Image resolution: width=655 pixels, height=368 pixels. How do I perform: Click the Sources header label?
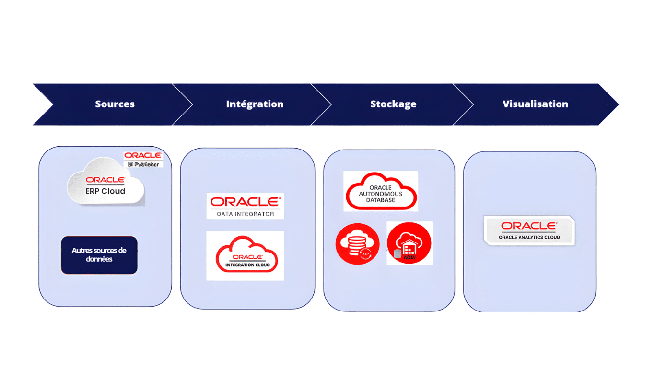pos(115,104)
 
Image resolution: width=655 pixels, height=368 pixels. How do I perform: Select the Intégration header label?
pos(255,104)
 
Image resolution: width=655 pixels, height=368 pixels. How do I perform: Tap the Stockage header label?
pos(393,104)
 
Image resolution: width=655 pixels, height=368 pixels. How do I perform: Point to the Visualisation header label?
pos(535,104)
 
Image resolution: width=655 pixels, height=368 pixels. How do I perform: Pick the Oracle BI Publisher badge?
pos(143,160)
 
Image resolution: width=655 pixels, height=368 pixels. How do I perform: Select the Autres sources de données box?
pos(99,255)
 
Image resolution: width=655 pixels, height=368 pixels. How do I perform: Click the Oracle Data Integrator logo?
pos(245,206)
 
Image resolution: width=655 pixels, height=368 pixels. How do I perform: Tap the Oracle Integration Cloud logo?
pos(245,255)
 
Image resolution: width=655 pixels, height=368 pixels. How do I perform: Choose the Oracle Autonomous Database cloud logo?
pos(381,191)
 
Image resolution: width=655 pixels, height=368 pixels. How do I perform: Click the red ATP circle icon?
pos(358,244)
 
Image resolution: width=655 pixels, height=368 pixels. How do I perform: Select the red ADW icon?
pos(409,243)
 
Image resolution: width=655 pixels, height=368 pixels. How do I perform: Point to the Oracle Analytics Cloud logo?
pos(529,230)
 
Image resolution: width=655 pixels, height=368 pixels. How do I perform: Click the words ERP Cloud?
pos(105,191)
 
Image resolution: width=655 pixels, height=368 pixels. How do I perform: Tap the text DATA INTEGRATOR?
pos(245,214)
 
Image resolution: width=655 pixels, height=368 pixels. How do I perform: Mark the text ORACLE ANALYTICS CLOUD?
pos(529,237)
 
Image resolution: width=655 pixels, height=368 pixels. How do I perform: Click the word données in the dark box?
pos(99,259)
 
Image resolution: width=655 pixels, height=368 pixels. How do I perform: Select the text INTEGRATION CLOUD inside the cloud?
pos(247,265)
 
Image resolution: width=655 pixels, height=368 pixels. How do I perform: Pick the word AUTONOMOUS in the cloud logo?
pos(381,194)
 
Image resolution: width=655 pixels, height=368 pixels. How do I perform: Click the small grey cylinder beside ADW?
pos(397,254)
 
